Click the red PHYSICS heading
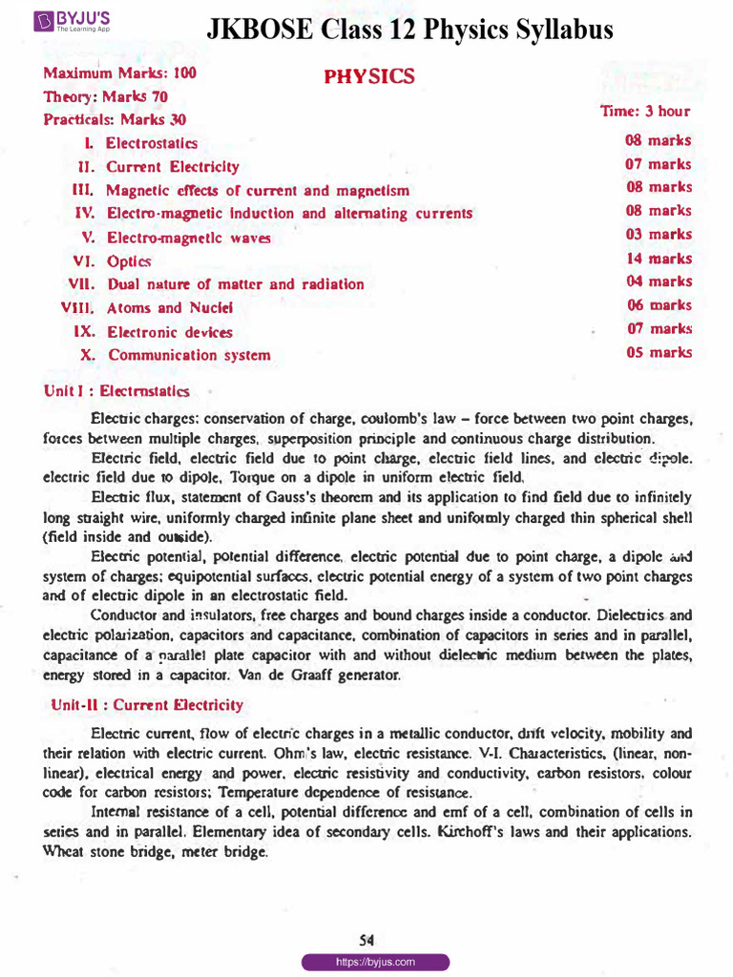pos(369,76)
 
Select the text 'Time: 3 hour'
pos(644,112)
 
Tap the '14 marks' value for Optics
pos(658,259)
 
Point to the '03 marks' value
pos(658,235)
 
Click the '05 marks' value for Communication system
pos(658,353)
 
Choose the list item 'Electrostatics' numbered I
pos(152,143)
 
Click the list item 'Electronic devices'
pos(169,333)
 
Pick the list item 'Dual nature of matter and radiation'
pos(235,284)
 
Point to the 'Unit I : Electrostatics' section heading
pos(116,391)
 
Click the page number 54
pos(366,940)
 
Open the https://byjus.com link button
pos(375,963)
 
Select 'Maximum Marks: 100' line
pos(119,73)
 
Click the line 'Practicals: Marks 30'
pos(115,120)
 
